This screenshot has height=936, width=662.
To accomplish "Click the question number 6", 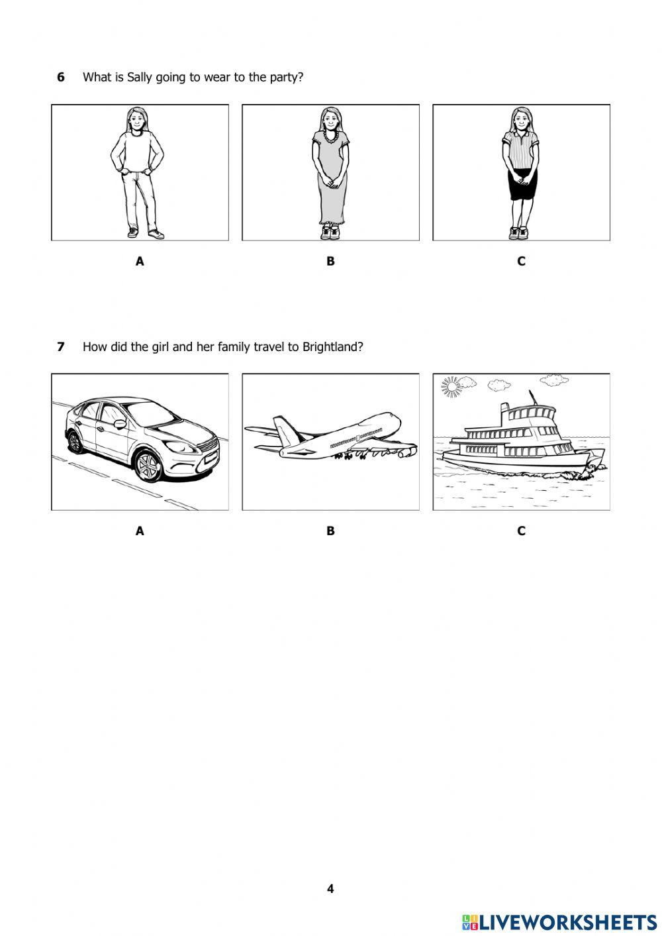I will [x=61, y=77].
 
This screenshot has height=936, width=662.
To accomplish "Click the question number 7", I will [x=61, y=346].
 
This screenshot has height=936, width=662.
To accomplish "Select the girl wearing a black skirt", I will [x=521, y=172].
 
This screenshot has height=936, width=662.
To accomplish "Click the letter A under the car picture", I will [x=140, y=531].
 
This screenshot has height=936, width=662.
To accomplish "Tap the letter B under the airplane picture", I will [x=330, y=531].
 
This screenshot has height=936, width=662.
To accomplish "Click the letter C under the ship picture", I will [x=521, y=531].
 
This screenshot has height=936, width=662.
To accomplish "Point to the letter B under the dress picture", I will [x=330, y=261].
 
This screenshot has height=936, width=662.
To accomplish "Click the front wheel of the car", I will [x=149, y=466].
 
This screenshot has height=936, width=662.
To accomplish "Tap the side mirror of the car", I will [x=120, y=424].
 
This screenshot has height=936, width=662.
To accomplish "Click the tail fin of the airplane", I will [x=284, y=429].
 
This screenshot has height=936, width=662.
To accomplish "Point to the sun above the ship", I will [x=451, y=386].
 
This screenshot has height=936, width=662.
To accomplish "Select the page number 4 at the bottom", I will [x=330, y=888].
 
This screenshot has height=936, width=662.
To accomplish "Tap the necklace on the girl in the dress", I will [x=330, y=137].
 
